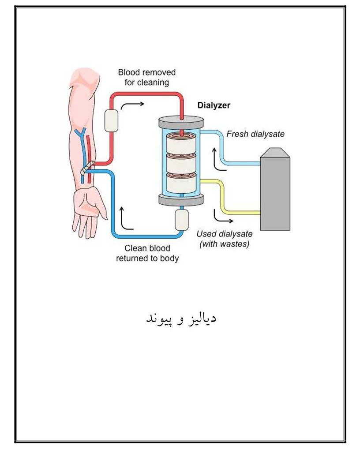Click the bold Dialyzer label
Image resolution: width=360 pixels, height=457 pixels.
pyautogui.click(x=214, y=105)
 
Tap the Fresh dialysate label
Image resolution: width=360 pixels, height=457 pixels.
pyautogui.click(x=255, y=134)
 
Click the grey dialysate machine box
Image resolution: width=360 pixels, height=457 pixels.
pyautogui.click(x=275, y=189)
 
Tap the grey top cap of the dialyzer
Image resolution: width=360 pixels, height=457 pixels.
pyautogui.click(x=181, y=121)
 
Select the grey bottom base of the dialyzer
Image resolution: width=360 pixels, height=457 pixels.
pyautogui.click(x=181, y=200)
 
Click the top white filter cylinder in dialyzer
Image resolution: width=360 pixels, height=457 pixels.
pyautogui.click(x=181, y=143)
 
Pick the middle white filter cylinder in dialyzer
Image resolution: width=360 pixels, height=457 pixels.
pyautogui.click(x=181, y=163)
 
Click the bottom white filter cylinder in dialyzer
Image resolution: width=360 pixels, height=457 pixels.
pyautogui.click(x=181, y=183)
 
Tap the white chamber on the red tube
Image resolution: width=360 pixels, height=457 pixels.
pyautogui.click(x=111, y=120)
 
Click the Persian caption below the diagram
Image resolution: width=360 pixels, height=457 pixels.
pyautogui.click(x=181, y=318)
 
